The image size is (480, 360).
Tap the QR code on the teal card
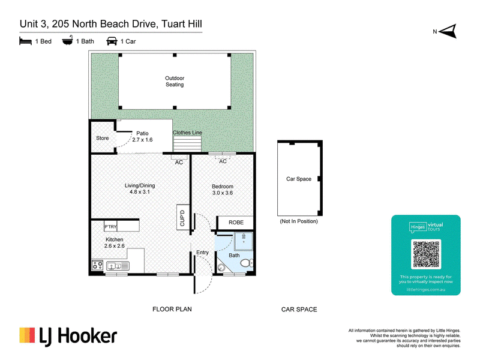426,254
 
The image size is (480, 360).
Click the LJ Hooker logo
68,337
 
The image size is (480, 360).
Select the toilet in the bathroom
247,263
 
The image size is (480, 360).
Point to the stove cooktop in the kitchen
98,265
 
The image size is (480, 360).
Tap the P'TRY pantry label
110,227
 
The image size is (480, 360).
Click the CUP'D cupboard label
182,218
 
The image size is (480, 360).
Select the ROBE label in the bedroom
236,223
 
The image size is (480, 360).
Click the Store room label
102,138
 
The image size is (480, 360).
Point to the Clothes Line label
187,133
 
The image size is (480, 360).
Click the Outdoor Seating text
175,82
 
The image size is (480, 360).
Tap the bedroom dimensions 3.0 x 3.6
223,193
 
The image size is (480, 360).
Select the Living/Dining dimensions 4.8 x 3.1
140,192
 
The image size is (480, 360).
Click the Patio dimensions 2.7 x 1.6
142,140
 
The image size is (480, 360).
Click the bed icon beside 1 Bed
25,41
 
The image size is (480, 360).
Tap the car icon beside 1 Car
112,41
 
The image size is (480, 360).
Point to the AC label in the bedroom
223,161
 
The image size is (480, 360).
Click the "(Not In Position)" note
299,221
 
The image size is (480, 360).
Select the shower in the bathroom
244,242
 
